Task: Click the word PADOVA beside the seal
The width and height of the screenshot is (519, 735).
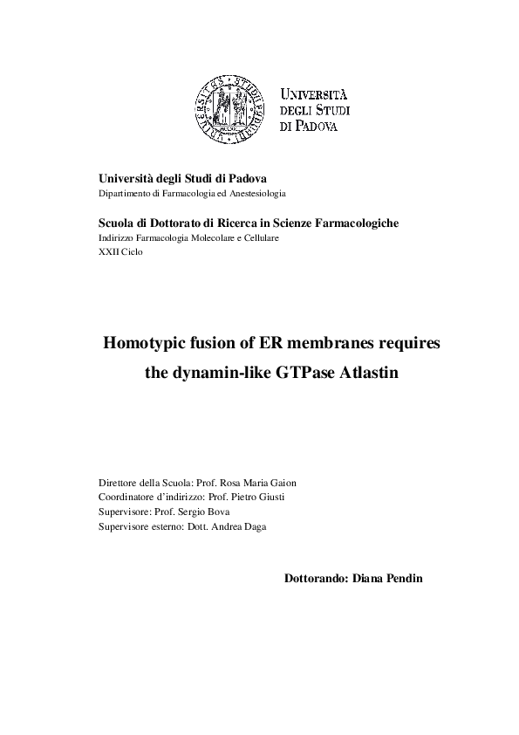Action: [x=316, y=127]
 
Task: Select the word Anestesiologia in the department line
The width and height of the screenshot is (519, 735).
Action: [x=256, y=192]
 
